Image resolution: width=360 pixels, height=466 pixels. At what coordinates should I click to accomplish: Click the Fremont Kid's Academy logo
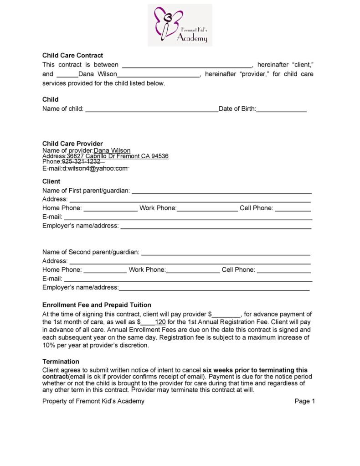(180, 25)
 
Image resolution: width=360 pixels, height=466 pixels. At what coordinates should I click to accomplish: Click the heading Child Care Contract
(72, 55)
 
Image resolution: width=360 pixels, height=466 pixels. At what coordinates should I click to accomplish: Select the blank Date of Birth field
(281, 109)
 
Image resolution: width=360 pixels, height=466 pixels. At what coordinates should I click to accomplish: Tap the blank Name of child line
(152, 109)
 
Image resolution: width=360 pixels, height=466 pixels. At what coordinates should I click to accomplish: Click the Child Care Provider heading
(72, 144)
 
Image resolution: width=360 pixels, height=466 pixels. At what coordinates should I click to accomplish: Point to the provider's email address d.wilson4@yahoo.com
(95, 168)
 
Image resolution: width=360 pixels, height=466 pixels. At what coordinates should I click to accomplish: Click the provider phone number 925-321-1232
(81, 162)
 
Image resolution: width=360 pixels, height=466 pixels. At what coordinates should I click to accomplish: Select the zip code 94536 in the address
(160, 156)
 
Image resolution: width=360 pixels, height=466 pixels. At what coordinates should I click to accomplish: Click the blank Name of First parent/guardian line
(221, 191)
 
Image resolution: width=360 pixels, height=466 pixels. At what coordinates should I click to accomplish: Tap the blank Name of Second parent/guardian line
(226, 253)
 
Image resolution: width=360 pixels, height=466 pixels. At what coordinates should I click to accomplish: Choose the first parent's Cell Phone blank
(293, 209)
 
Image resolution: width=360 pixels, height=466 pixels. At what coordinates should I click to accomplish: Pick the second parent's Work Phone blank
(193, 270)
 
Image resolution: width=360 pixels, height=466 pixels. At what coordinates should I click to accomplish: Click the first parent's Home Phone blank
(111, 209)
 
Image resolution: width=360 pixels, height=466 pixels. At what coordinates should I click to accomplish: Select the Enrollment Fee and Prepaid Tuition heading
(97, 305)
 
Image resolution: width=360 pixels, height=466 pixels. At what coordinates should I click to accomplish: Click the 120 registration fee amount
(160, 322)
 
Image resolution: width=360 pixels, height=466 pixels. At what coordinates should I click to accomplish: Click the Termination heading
(61, 362)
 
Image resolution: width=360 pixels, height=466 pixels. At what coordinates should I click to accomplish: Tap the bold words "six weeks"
(218, 370)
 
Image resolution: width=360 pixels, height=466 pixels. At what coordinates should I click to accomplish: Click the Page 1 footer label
(305, 401)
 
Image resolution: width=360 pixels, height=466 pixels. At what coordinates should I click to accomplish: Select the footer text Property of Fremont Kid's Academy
(93, 401)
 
